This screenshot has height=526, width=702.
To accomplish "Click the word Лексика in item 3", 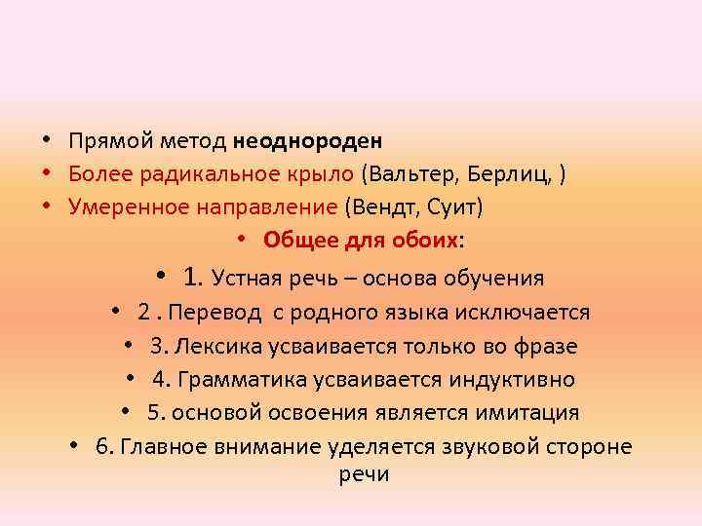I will [214, 346].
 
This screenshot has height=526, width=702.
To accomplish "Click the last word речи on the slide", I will [364, 474].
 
